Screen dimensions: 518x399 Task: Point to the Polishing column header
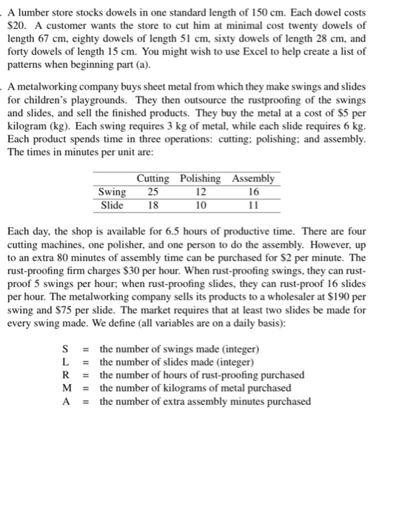[x=200, y=178]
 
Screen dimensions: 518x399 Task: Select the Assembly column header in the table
[x=253, y=178]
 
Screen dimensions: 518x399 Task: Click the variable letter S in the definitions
[x=67, y=349]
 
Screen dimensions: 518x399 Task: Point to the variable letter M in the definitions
[x=67, y=388]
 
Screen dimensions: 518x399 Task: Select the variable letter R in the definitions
[x=67, y=375]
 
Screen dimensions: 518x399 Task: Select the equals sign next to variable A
[x=86, y=402]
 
